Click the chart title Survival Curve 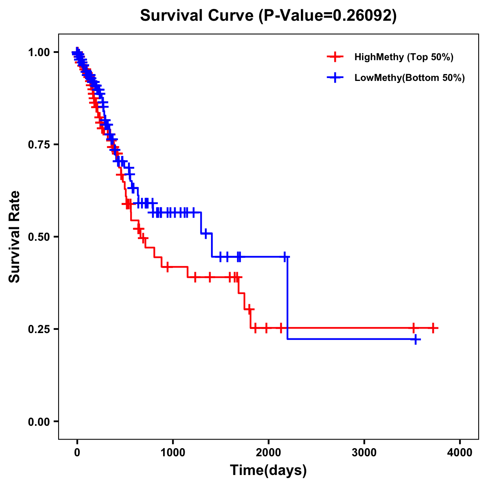[x=198, y=15]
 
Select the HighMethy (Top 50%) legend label [x=403, y=57]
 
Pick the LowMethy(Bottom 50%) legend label [x=410, y=78]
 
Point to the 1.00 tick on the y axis [x=39, y=52]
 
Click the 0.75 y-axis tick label [x=39, y=145]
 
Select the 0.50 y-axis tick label [x=39, y=237]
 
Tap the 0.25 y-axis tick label [x=39, y=329]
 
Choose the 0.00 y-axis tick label [x=39, y=421]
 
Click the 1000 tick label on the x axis [x=173, y=453]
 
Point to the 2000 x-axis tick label [x=268, y=453]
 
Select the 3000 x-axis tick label [x=364, y=453]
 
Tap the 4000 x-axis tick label [x=460, y=453]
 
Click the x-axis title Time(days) [x=268, y=471]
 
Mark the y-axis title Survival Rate [x=15, y=237]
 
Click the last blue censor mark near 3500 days [x=415, y=339]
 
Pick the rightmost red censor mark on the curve [x=434, y=328]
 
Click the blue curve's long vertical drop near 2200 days [x=288, y=297]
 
